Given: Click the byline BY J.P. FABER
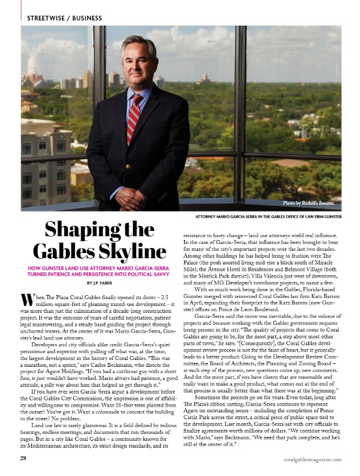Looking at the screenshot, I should click(x=96, y=283).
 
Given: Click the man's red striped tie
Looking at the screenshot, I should click(x=134, y=119).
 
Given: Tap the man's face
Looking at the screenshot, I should click(x=138, y=61).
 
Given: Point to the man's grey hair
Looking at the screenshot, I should click(x=138, y=41).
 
